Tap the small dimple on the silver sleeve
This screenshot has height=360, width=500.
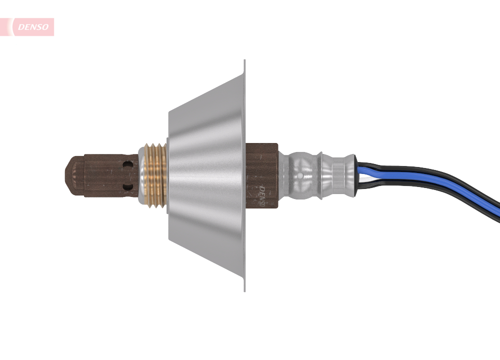click(299, 176)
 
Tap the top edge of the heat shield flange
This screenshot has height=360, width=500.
click(244, 62)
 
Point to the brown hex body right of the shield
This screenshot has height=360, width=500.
click(262, 165)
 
